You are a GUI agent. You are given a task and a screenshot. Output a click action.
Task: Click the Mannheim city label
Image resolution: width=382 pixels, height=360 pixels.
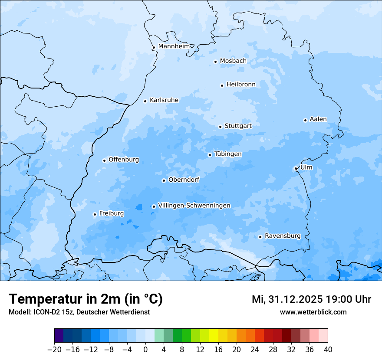click(x=174, y=46)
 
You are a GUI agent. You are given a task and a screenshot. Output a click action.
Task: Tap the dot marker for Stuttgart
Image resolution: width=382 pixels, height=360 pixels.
click(x=220, y=127)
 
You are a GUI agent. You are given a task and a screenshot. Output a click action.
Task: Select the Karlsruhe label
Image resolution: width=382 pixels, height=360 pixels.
click(x=164, y=100)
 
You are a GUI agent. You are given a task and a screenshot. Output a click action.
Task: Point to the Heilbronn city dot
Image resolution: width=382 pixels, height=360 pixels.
click(x=222, y=85)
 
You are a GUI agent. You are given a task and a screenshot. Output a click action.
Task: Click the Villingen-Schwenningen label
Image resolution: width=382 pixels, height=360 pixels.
click(x=194, y=206)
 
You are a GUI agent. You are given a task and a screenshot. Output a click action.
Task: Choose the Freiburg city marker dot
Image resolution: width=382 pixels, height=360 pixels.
click(x=95, y=214)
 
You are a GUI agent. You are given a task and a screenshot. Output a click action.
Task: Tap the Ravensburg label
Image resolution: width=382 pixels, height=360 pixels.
click(x=282, y=236)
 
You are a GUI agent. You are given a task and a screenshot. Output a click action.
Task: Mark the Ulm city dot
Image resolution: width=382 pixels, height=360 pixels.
click(x=296, y=168)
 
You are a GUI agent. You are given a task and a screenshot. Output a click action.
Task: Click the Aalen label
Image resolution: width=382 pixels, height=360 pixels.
click(x=318, y=119)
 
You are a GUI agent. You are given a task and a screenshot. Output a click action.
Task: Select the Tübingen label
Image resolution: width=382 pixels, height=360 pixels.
click(x=228, y=154)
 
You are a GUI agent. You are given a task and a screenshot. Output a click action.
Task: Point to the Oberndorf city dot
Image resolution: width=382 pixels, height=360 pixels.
click(x=164, y=180)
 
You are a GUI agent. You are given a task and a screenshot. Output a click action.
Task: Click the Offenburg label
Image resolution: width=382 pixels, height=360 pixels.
click(x=124, y=160)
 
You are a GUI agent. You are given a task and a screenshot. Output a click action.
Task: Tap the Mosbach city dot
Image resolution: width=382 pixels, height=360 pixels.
click(x=215, y=62)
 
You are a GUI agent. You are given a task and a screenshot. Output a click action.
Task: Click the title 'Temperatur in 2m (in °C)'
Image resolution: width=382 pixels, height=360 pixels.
click(x=86, y=299)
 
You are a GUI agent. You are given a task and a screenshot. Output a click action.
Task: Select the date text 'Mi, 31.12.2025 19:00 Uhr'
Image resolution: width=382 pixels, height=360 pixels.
click(x=311, y=299)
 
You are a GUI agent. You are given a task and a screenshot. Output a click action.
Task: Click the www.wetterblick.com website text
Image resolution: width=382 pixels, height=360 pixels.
click(x=313, y=312)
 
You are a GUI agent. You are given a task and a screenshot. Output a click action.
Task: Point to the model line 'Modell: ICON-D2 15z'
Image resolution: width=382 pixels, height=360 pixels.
click(x=79, y=312)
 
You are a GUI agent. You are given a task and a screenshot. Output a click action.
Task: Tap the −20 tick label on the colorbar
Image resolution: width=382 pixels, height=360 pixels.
click(x=54, y=350)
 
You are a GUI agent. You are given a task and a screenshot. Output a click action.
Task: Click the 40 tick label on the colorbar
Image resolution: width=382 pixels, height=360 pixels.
click(x=328, y=350)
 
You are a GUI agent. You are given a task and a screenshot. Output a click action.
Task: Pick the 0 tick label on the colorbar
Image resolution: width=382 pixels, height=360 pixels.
click(x=145, y=350)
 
